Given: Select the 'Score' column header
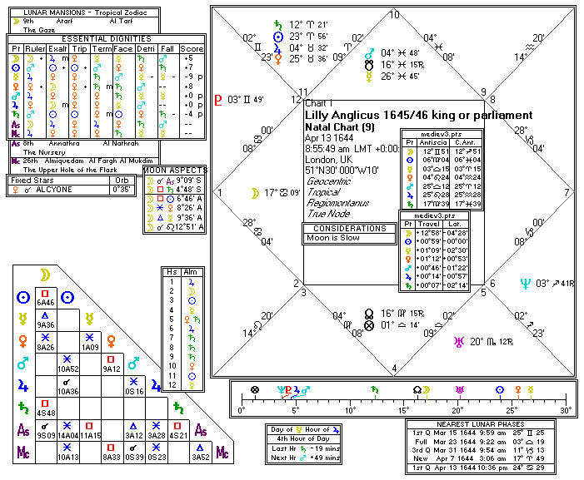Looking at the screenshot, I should point(193,49).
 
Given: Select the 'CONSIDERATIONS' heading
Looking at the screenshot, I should point(347,227).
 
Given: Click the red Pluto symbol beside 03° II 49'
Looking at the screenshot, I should point(219,100).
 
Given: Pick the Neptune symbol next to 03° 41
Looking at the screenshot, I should point(525,284).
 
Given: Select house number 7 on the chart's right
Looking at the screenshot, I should point(567,192).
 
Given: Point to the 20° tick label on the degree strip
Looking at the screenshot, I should point(457,410).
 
